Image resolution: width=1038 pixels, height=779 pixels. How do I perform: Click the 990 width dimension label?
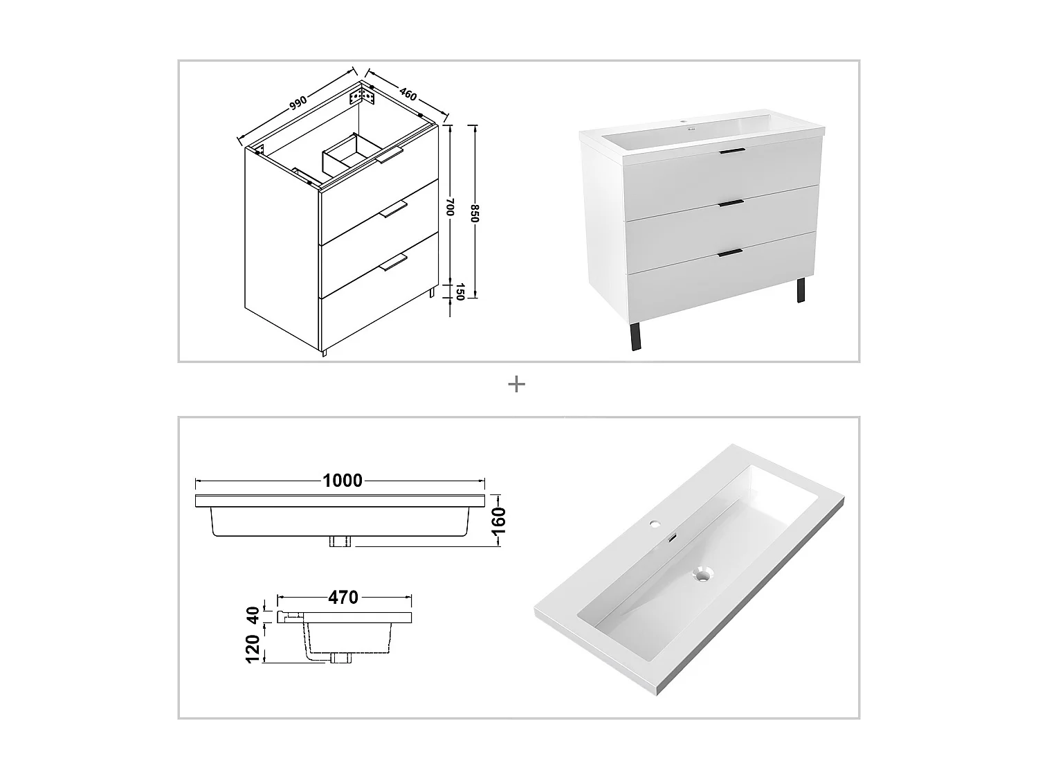pyautogui.click(x=298, y=103)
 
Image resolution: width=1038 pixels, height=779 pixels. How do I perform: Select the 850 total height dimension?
pyautogui.click(x=475, y=213)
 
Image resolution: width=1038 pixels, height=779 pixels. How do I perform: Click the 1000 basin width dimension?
pyautogui.click(x=343, y=480)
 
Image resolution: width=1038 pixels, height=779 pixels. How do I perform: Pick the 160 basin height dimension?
pyautogui.click(x=498, y=520)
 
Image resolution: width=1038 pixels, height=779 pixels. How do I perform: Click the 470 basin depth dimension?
pyautogui.click(x=343, y=597)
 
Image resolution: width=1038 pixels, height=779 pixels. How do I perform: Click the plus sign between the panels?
pyautogui.click(x=516, y=384)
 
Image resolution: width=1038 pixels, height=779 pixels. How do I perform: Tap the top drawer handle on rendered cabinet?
pyautogui.click(x=731, y=150)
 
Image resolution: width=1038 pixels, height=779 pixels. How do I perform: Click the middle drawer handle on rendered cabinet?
pyautogui.click(x=731, y=203)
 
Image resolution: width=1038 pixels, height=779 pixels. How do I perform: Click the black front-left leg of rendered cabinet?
pyautogui.click(x=636, y=337)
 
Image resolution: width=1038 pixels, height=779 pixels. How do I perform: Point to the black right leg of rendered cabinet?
pyautogui.click(x=801, y=290)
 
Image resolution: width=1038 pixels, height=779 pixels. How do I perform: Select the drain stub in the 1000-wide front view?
pyautogui.click(x=340, y=541)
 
